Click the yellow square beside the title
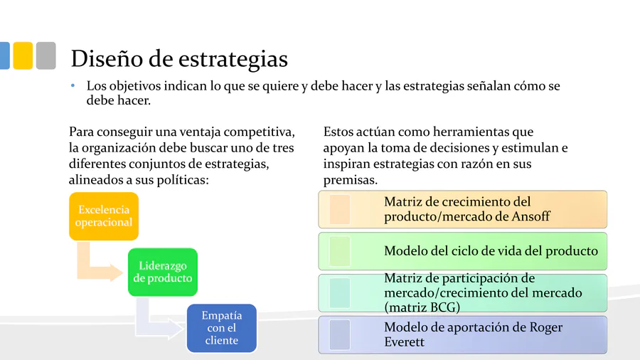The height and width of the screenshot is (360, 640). tap(23, 55)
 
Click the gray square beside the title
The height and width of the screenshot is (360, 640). tap(46, 55)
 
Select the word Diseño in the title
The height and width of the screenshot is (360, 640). tap(107, 58)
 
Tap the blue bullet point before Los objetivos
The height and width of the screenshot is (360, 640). tap(73, 85)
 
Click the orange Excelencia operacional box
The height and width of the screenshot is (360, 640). tap(104, 216)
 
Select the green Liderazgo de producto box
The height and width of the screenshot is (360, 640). tap(163, 272)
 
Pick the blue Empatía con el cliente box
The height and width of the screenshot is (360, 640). tap(222, 328)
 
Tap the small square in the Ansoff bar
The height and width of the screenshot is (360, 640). tap(340, 209)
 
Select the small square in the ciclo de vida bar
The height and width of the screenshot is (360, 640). tap(340, 251)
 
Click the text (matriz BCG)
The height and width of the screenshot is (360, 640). tap(422, 307)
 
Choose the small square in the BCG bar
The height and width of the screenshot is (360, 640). tap(340, 293)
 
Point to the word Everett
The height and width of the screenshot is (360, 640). tap(404, 342)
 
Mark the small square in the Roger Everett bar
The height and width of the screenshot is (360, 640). tap(340, 334)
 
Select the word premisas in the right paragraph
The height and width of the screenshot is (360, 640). tap(350, 180)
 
